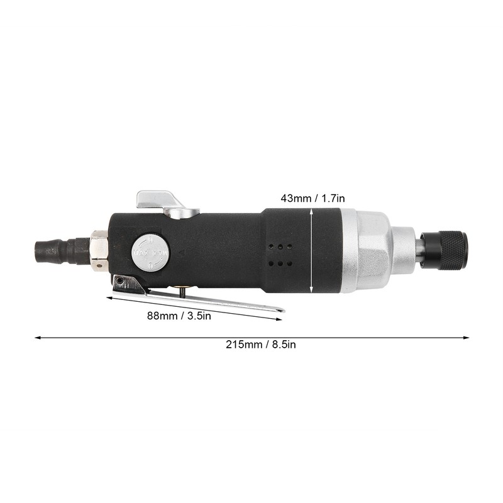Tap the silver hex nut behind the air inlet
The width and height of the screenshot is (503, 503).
98,251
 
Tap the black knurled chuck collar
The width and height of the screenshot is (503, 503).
444,250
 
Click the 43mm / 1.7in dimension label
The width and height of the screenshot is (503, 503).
312,198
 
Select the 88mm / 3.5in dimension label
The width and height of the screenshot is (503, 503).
180,316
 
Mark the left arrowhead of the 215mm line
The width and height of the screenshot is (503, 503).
37,338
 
